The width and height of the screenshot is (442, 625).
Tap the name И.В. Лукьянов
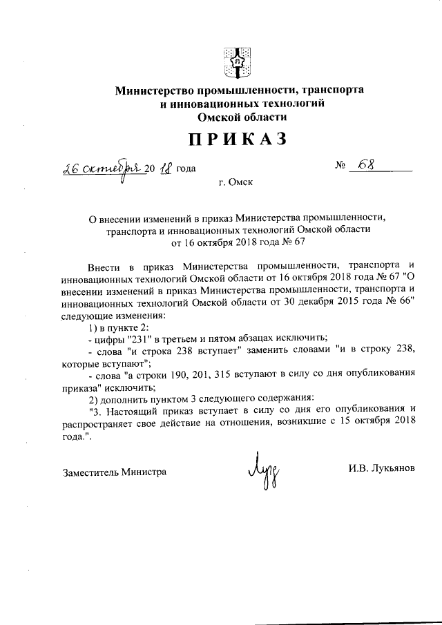[x=381, y=468]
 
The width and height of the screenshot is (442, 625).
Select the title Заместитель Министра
[x=114, y=472]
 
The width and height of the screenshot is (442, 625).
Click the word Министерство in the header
[x=155, y=90]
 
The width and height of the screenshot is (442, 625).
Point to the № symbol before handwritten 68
[x=340, y=167]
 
